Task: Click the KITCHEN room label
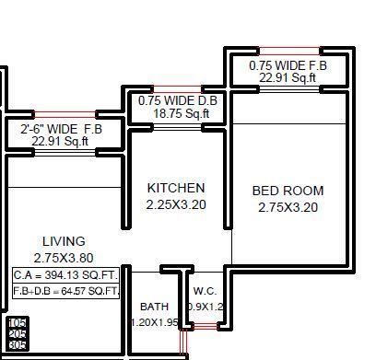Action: pyautogui.click(x=176, y=188)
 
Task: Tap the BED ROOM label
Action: pyautogui.click(x=288, y=192)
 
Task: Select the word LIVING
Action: pyautogui.click(x=64, y=242)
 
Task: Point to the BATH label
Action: pyautogui.click(x=154, y=307)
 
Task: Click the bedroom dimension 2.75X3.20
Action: pyautogui.click(x=288, y=207)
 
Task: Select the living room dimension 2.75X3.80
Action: pyautogui.click(x=64, y=258)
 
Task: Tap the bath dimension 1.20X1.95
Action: pyautogui.click(x=154, y=322)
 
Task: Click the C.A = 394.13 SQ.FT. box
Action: pyautogui.click(x=66, y=275)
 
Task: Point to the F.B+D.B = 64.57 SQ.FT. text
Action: pyautogui.click(x=66, y=291)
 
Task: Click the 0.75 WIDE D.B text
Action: pyautogui.click(x=178, y=101)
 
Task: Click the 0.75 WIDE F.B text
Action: pyautogui.click(x=288, y=66)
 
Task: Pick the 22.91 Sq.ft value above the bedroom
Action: pyautogui.click(x=288, y=78)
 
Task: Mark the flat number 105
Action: pyautogui.click(x=17, y=322)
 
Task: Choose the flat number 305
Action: pyautogui.click(x=17, y=344)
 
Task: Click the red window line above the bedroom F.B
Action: pyautogui.click(x=289, y=51)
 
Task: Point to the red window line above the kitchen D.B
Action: pyautogui.click(x=178, y=88)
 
